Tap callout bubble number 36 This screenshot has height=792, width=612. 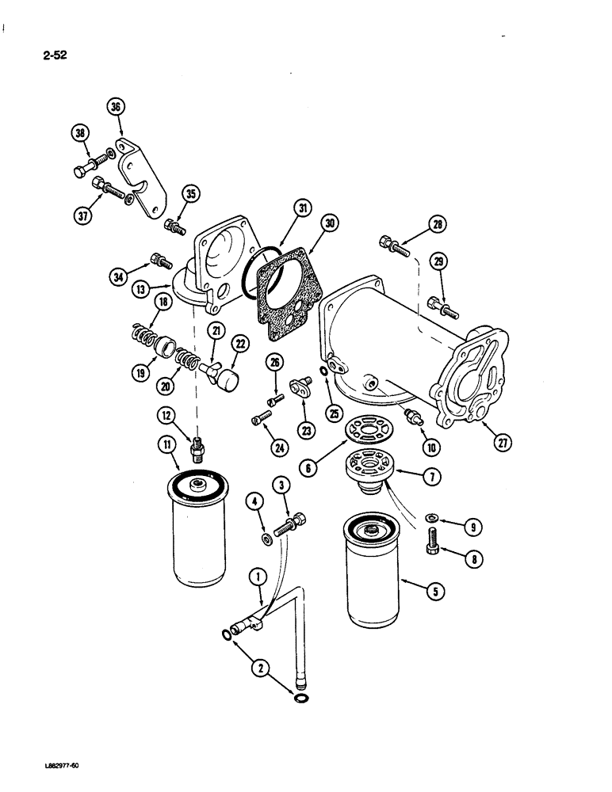[117, 107]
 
